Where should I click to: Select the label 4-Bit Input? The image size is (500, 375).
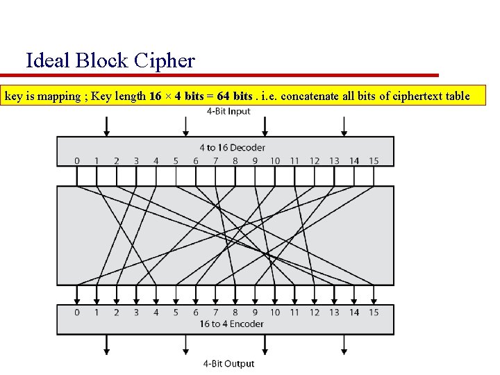(228, 112)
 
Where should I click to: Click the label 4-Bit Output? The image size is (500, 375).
(228, 363)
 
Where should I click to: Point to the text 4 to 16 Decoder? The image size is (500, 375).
(232, 147)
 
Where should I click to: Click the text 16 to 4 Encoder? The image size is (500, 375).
(231, 324)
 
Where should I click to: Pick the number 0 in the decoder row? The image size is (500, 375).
(77, 161)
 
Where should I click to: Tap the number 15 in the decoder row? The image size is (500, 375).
(374, 161)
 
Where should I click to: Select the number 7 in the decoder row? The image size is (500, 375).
(215, 161)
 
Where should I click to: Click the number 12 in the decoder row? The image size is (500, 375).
(315, 161)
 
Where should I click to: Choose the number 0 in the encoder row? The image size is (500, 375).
(77, 312)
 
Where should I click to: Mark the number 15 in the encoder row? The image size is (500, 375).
(374, 312)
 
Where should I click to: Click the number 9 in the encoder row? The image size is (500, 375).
(255, 312)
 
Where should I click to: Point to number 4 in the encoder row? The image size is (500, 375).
(156, 312)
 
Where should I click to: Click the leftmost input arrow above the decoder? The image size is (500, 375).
(106, 126)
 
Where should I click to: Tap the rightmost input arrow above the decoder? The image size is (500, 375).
(343, 126)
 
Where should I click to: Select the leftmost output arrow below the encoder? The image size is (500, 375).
(106, 344)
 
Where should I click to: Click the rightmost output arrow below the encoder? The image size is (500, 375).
(343, 344)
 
